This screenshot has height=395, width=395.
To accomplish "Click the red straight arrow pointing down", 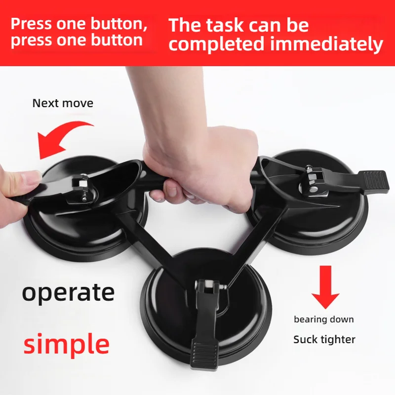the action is pos(325,287).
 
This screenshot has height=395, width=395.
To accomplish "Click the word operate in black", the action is pos(68,292).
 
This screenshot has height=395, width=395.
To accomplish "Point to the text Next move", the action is pos(63,103).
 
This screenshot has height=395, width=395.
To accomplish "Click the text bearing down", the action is pos(324,319).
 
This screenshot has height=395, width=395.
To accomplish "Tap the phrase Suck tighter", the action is pos(324,339).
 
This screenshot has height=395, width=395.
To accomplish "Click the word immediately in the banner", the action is pos(327,44).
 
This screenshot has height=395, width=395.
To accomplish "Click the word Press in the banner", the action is pos(31,23).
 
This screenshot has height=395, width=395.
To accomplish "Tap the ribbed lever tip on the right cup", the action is pos(373,180).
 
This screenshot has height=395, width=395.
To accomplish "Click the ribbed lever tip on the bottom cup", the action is pos(204,353).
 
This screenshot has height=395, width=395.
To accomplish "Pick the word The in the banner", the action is pos(185,25).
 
